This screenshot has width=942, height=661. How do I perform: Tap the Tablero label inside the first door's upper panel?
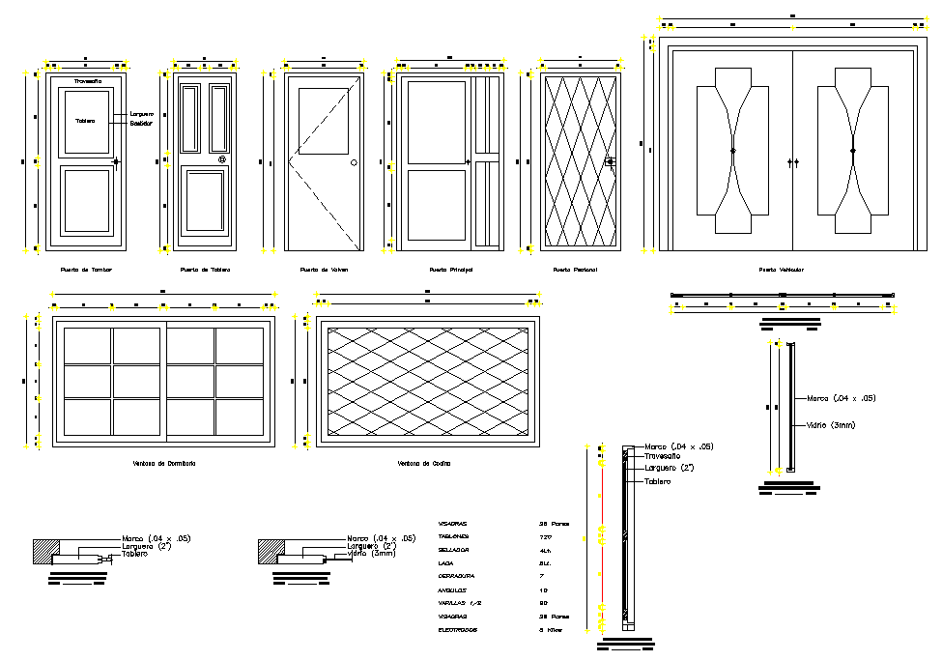(x=86, y=121)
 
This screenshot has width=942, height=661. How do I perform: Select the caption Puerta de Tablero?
(x=204, y=270)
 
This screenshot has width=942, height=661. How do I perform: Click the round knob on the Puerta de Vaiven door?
(x=354, y=162)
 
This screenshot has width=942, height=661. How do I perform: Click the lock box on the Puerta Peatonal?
(x=609, y=162)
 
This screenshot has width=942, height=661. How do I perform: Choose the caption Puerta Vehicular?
(x=781, y=270)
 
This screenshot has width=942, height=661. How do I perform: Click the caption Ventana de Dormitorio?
(x=164, y=464)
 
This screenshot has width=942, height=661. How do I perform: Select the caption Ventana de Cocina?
(x=424, y=464)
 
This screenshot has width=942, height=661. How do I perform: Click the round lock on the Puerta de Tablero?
(x=222, y=160)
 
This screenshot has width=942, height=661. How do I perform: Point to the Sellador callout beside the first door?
(x=143, y=124)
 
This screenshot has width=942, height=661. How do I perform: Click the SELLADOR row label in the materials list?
(x=454, y=549)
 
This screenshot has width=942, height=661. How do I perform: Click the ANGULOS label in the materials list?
(x=451, y=589)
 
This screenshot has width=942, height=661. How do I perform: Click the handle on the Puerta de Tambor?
(x=116, y=161)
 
